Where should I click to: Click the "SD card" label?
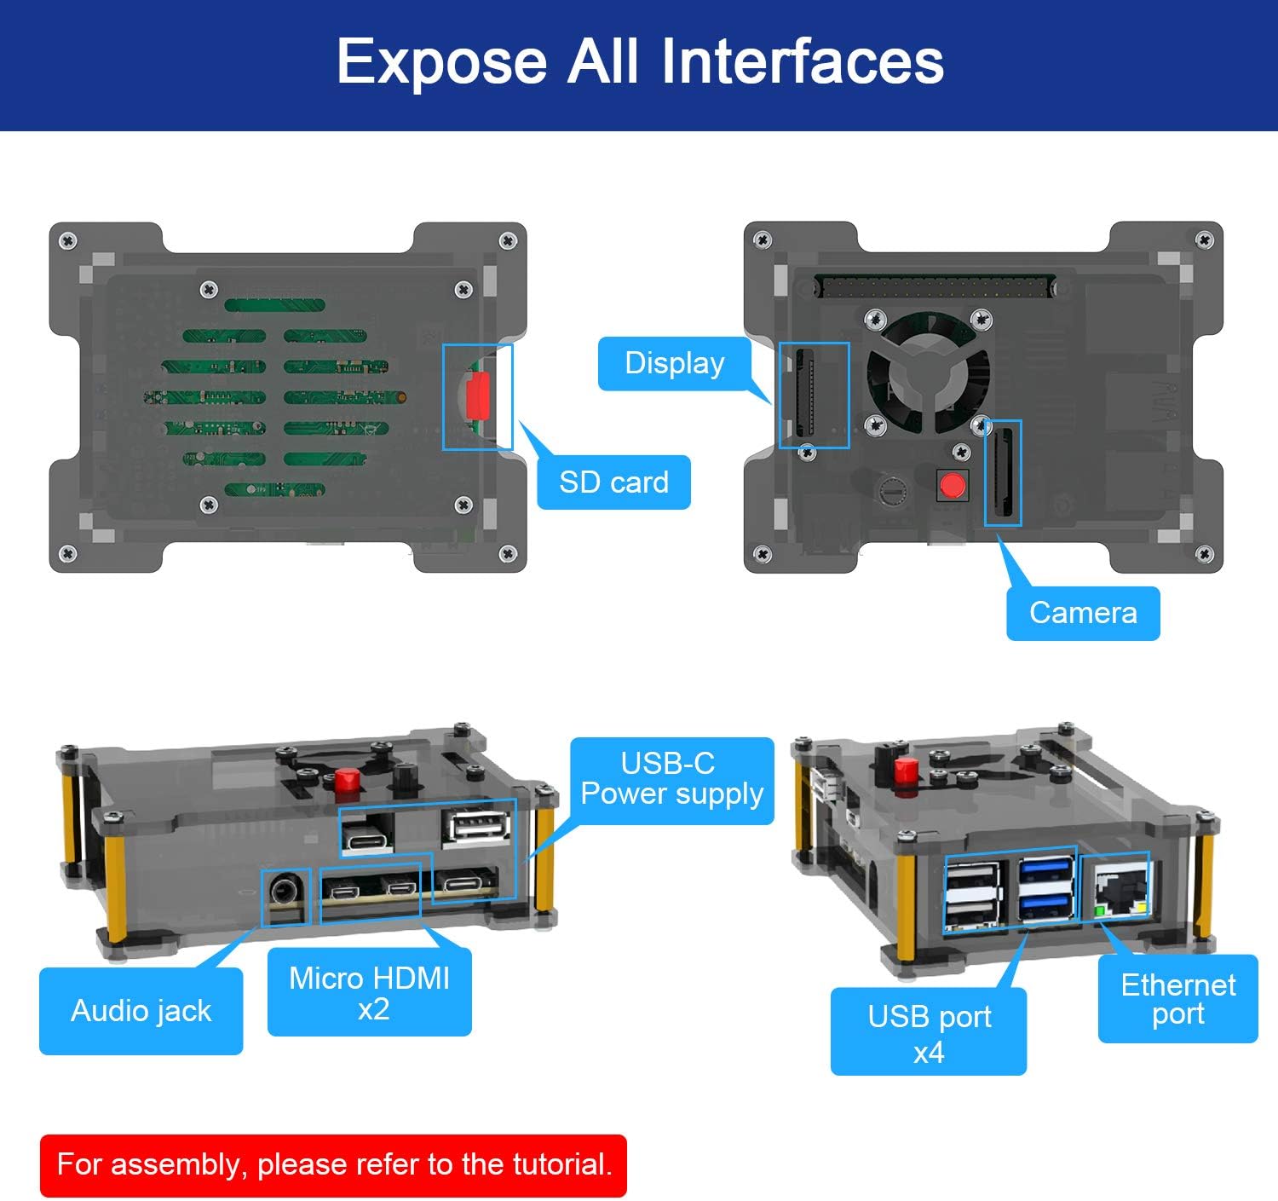[x=613, y=482]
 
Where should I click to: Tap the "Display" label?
[x=674, y=363]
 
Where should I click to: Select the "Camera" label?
[x=1083, y=613]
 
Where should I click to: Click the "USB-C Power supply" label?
[x=671, y=779]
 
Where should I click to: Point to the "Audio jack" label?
[x=141, y=1011]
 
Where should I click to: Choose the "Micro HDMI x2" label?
[x=369, y=993]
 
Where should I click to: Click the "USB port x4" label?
[x=929, y=1032]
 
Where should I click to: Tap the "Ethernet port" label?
[x=1177, y=999]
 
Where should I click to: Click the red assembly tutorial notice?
[x=333, y=1164]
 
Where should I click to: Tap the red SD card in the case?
[x=476, y=396]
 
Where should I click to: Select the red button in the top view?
[x=952, y=486]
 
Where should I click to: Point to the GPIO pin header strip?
[x=935, y=286]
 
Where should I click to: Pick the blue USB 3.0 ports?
[x=1045, y=889]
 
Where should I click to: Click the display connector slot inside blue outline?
[x=804, y=395]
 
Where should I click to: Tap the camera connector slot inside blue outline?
[x=1004, y=473]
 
